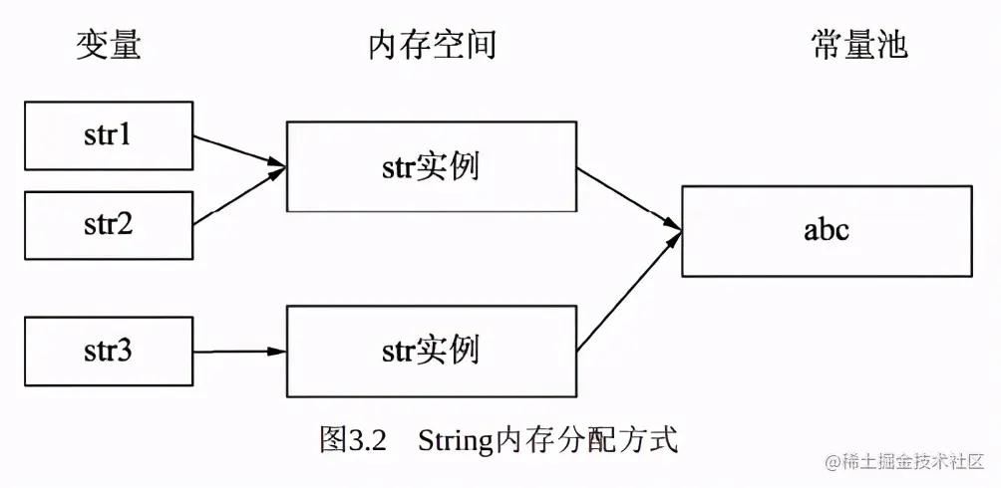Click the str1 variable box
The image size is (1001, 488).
coord(108,134)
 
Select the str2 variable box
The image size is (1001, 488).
coord(108,224)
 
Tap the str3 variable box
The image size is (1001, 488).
coord(108,351)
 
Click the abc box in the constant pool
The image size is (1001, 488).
coord(827,230)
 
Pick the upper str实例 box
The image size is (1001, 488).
coord(431,166)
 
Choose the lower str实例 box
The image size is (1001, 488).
coord(431,351)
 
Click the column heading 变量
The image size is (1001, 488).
coord(108,46)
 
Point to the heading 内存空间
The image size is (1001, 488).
coord(431,46)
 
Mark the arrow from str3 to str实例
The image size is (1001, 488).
coord(239,351)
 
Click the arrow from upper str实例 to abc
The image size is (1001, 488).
coord(628,199)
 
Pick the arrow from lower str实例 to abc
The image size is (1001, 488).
coord(628,295)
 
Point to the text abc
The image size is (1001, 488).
coord(827,230)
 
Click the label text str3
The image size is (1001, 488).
coord(108,351)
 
